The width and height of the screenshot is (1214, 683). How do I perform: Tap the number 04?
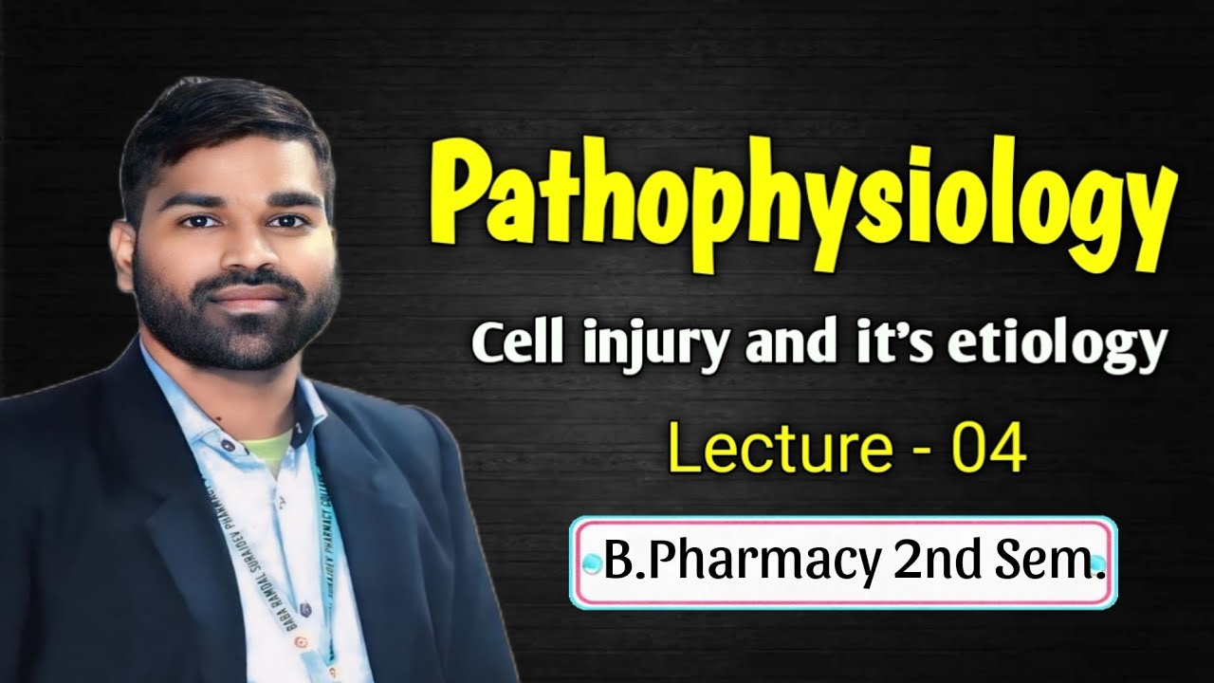pyautogui.click(x=989, y=452)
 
